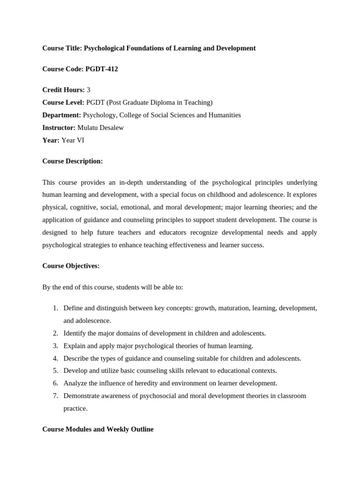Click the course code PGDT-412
(102, 69)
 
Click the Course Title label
(62, 48)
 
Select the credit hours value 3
(89, 90)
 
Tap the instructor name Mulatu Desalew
(100, 127)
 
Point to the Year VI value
(73, 140)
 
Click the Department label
(61, 115)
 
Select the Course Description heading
(72, 161)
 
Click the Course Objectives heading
(71, 266)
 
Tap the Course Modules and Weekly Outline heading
(97, 429)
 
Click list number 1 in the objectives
(55, 308)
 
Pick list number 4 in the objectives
(55, 358)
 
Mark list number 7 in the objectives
(55, 396)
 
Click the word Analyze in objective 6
(75, 383)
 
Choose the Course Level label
(63, 102)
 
